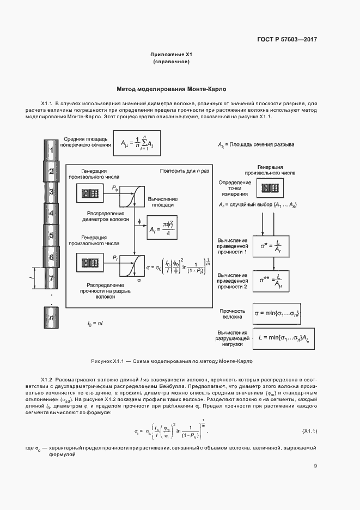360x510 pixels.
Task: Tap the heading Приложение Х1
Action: pos(172,54)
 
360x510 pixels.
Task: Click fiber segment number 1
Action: pos(51,150)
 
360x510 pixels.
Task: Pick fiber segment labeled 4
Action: pos(51,214)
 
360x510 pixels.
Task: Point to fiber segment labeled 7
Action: pos(51,278)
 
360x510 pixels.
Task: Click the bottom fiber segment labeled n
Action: pos(51,317)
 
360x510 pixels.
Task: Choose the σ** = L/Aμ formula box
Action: pos(271,280)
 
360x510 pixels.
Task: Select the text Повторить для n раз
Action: pos(184,171)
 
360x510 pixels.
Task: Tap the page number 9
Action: pos(315,465)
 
